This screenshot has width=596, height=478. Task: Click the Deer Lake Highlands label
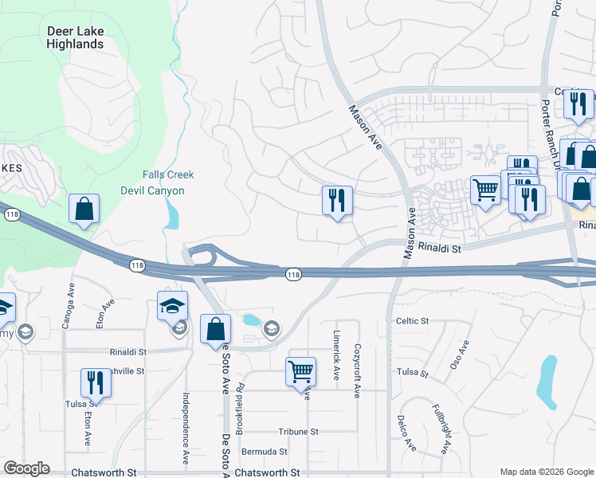[x=76, y=37]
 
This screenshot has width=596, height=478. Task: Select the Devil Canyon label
[x=152, y=190]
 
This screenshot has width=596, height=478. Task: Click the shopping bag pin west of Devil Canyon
[x=84, y=210]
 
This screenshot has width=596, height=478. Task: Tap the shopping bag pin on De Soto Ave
[x=215, y=330]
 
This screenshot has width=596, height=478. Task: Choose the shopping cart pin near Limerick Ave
[x=300, y=371]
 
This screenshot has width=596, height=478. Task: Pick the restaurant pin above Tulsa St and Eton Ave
[x=96, y=383]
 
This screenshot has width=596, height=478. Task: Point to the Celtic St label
[x=412, y=321]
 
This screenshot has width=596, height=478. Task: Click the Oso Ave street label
[x=459, y=354]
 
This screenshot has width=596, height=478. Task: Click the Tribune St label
[x=299, y=431]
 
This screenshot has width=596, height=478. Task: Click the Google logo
[x=26, y=468]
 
